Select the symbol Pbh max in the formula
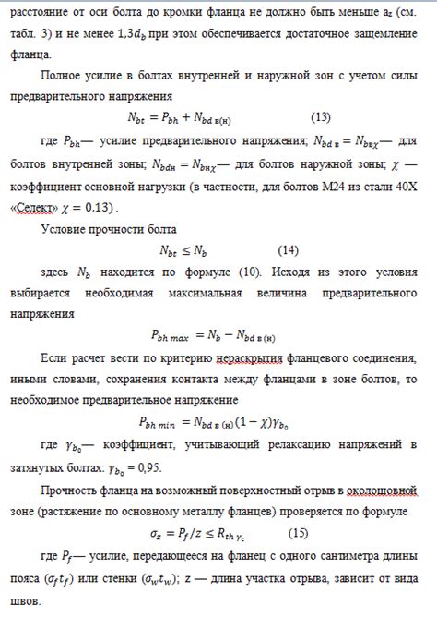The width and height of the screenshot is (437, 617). tap(171, 337)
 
